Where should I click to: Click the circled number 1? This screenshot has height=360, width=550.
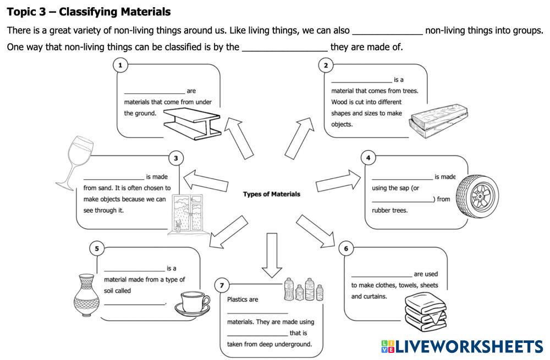pyautogui.click(x=120, y=65)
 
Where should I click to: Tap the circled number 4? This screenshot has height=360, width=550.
pyautogui.click(x=368, y=158)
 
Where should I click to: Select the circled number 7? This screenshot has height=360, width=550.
pyautogui.click(x=222, y=285)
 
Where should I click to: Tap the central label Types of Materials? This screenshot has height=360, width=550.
pyautogui.click(x=272, y=194)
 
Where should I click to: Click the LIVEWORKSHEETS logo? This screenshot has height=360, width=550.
pyautogui.click(x=462, y=346)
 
